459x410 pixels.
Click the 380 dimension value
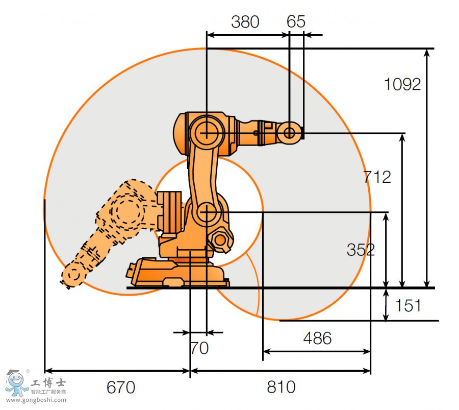click(x=245, y=21)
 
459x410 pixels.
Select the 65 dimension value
click(x=296, y=21)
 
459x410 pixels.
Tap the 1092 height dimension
click(x=402, y=84)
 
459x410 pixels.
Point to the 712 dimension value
click(x=377, y=177)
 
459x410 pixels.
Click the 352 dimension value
click(x=361, y=250)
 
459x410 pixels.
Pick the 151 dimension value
click(x=407, y=305)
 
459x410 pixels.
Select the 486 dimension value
click(x=317, y=338)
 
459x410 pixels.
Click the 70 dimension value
click(x=199, y=348)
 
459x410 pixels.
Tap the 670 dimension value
click(x=121, y=387)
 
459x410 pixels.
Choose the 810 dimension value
click(x=281, y=387)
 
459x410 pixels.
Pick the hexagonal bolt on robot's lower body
click(x=220, y=239)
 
